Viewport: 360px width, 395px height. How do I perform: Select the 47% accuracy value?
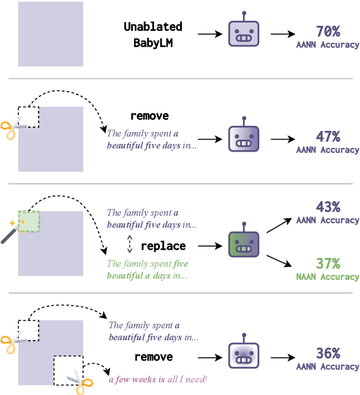click(x=327, y=136)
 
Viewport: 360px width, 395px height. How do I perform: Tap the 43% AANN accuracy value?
click(x=327, y=207)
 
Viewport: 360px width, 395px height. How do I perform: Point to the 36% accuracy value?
click(x=327, y=353)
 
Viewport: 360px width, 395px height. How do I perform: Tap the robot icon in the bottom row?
click(x=243, y=357)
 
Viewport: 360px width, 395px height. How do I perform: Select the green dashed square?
click(x=29, y=223)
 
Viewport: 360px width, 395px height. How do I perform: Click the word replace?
click(x=163, y=246)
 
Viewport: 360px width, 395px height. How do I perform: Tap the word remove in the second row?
click(x=149, y=116)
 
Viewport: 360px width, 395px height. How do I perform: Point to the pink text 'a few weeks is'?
click(x=137, y=379)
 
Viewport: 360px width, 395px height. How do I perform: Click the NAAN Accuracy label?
click(x=327, y=277)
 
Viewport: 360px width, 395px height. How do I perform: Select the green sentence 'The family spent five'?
click(x=147, y=264)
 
